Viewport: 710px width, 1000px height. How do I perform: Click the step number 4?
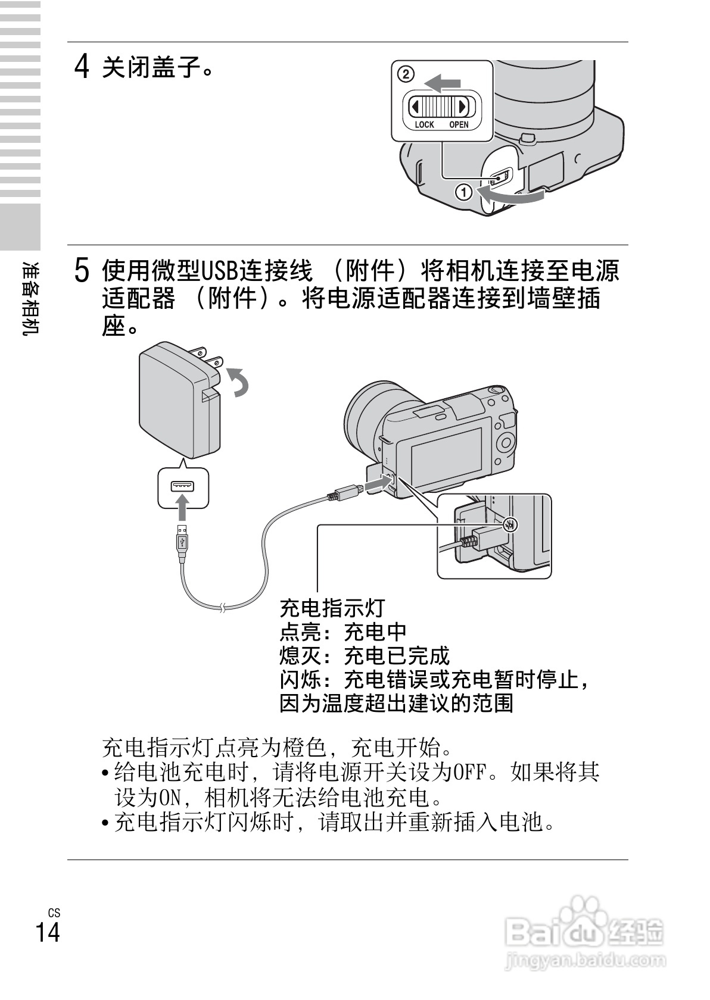82,67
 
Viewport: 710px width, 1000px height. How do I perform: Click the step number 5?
82,271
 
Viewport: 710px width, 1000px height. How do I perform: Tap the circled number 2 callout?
405,75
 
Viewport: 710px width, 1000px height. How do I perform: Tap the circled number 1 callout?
463,192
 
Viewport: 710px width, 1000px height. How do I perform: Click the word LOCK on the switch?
424,125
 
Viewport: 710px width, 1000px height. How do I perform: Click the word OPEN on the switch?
459,125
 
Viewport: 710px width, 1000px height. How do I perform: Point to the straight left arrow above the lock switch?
443,82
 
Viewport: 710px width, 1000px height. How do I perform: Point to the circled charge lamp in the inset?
509,524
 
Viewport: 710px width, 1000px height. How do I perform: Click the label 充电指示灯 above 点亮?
332,608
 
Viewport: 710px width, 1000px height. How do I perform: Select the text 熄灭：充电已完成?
365,655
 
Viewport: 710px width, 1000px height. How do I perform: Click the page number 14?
48,932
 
